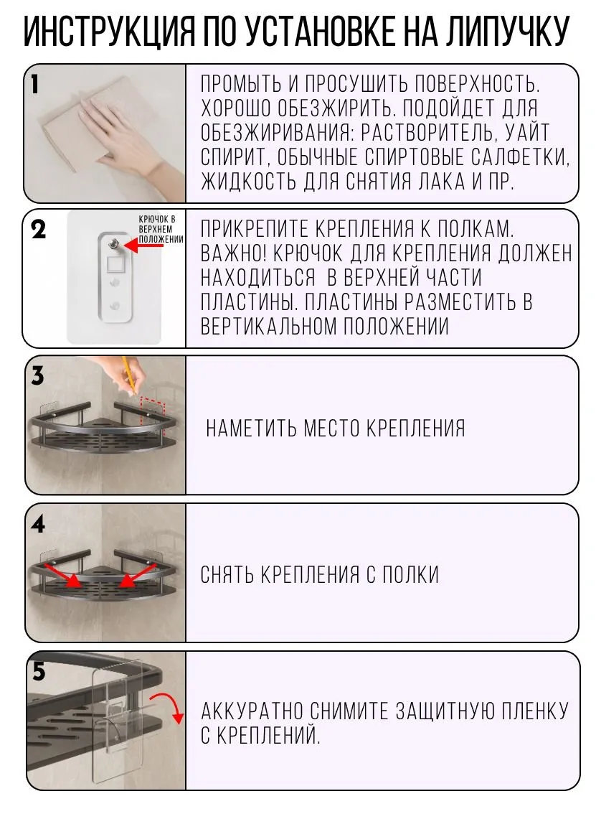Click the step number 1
tap(34, 84)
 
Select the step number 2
tap(38, 230)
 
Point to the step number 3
tap(37, 376)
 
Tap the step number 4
tap(38, 525)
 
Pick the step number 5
tap(39, 672)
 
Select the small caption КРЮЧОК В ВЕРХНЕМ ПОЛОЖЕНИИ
tap(161, 229)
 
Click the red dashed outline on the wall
tap(153, 413)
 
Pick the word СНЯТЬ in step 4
tap(227, 575)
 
